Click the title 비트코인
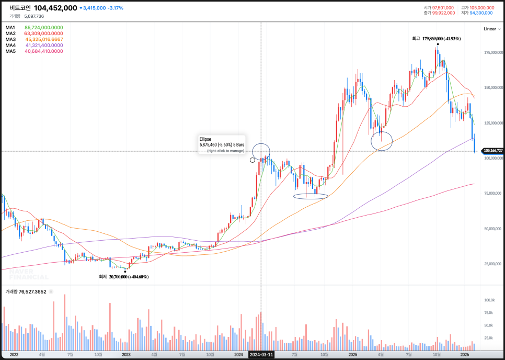coord(20,8)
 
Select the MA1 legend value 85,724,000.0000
coord(43,28)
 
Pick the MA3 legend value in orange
coord(44,39)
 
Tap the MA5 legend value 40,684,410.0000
coord(43,51)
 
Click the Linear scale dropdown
coord(490,29)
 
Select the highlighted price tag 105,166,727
coord(493,151)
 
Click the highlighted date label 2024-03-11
coord(261,354)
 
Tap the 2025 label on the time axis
coord(352,354)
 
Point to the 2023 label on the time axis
coord(126,354)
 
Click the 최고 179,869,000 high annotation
coord(428,39)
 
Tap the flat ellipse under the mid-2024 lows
coord(311,196)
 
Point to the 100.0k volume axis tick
coord(489,300)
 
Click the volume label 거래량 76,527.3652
coord(26,291)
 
